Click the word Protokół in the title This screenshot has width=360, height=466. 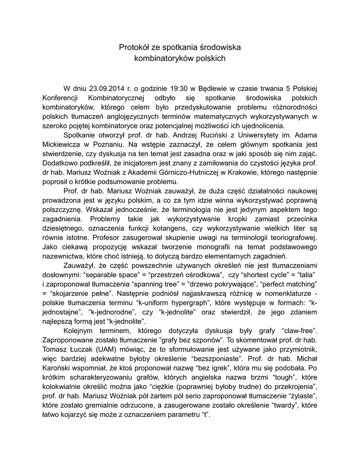coord(133,47)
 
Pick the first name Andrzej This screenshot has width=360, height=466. coord(188,136)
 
